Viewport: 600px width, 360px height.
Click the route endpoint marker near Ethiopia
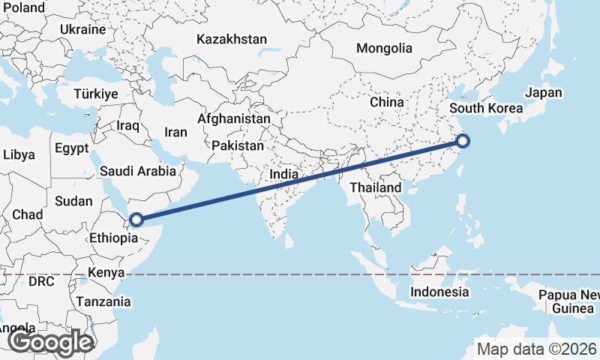(x=136, y=220)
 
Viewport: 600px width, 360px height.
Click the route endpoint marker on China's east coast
(x=463, y=140)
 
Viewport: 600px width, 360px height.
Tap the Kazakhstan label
(x=231, y=39)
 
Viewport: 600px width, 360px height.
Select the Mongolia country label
(x=384, y=49)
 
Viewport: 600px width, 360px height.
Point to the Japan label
(x=543, y=93)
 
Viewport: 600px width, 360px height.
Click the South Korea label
(x=486, y=109)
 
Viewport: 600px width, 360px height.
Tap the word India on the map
(x=285, y=175)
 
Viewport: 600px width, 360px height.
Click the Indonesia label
(x=440, y=292)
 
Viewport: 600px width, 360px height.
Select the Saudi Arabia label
(x=138, y=171)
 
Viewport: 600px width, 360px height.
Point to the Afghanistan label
(x=233, y=118)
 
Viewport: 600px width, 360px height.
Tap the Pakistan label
(x=238, y=145)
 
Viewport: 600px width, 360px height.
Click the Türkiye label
(x=96, y=94)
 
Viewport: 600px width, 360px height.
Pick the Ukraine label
(x=83, y=30)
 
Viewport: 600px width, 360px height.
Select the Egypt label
(x=72, y=148)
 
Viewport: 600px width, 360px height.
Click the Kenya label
(x=106, y=272)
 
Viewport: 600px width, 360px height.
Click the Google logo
(x=50, y=343)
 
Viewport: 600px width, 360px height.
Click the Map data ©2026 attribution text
(x=537, y=349)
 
